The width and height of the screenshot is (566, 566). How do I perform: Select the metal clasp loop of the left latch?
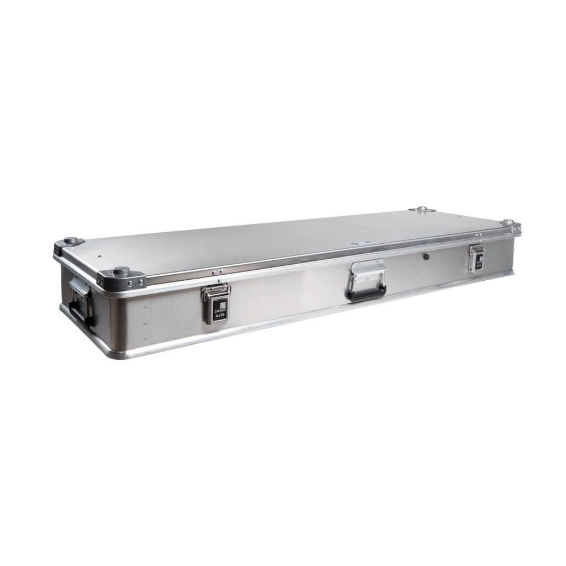point(216,291)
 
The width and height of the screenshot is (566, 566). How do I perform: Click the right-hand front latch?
point(476,257)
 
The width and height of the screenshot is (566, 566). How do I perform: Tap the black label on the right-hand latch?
point(479,260)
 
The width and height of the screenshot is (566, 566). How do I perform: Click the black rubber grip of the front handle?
point(365,295)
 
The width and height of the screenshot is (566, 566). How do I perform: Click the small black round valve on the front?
point(426,256)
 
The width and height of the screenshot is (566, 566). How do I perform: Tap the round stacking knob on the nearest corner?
point(121,271)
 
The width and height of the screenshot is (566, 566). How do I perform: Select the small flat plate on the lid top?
point(364,242)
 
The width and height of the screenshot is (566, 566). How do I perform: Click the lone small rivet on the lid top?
point(99,256)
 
